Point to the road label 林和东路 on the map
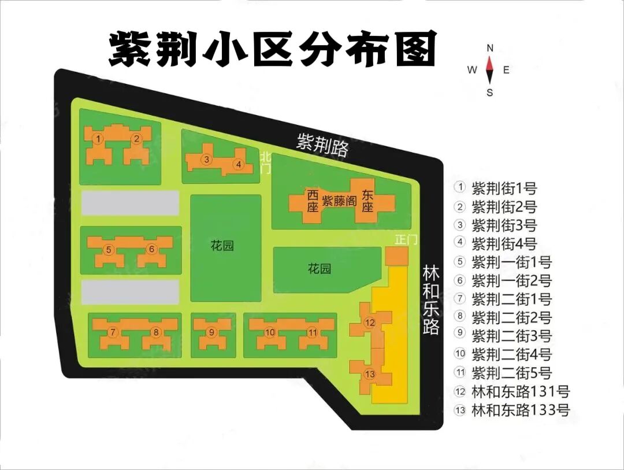click(430, 299)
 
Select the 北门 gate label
click(265, 162)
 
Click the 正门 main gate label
click(405, 239)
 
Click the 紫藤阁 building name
click(339, 201)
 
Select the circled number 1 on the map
click(99, 139)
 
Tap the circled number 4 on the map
click(238, 165)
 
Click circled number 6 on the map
click(151, 249)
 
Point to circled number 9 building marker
click(212, 332)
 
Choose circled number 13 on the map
click(370, 374)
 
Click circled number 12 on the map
click(370, 322)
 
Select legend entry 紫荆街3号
click(504, 225)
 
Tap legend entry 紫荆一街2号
click(511, 280)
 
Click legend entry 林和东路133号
click(521, 410)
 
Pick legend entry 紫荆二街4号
click(511, 354)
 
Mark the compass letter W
click(472, 71)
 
